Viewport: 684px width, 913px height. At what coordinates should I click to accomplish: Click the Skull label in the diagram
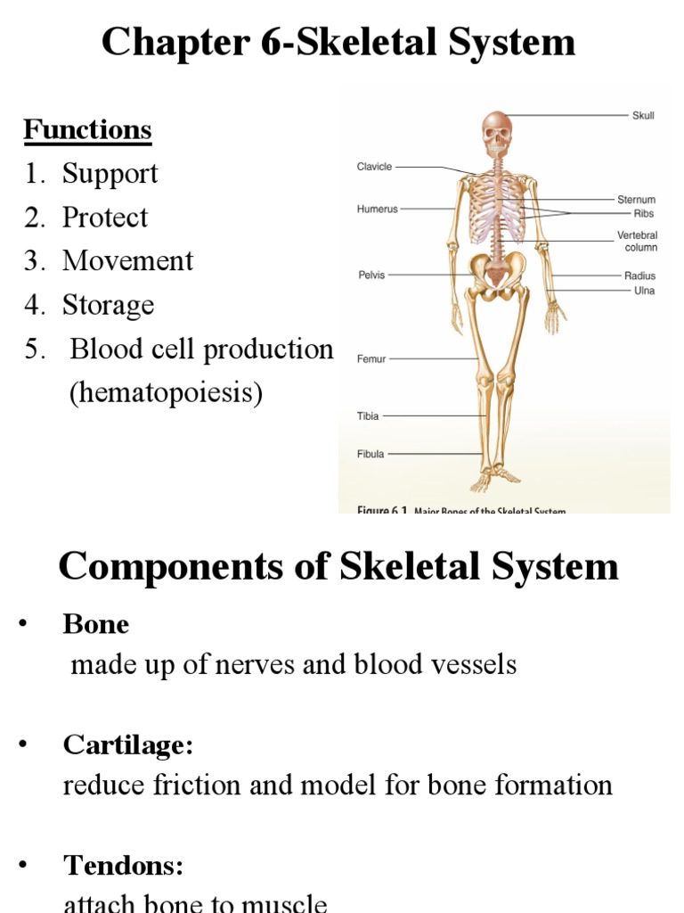tap(643, 115)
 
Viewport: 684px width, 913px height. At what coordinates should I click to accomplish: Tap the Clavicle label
tap(374, 167)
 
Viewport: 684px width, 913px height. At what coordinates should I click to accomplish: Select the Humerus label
tap(377, 210)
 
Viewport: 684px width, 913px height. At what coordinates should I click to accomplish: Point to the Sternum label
tap(636, 200)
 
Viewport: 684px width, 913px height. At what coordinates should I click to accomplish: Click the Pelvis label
tap(371, 276)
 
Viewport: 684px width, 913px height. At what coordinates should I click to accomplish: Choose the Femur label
tap(371, 359)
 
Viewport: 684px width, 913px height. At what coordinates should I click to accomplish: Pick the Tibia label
tap(369, 415)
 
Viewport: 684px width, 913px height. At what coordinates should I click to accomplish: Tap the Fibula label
tap(370, 454)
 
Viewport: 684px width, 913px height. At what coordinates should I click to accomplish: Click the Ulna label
tap(644, 291)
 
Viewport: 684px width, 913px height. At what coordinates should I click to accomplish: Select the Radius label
tap(639, 276)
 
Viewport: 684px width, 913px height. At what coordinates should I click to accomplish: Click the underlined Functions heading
tap(87, 130)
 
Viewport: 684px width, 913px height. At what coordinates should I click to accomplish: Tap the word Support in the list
tap(110, 174)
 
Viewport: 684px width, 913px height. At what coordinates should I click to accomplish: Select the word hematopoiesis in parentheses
tap(166, 393)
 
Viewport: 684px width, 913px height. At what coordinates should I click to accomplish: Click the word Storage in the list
tap(108, 305)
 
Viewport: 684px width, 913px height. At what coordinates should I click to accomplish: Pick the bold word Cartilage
tap(127, 744)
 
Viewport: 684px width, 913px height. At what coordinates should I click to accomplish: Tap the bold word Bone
tap(95, 624)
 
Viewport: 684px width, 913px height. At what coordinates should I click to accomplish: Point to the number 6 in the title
tap(268, 43)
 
